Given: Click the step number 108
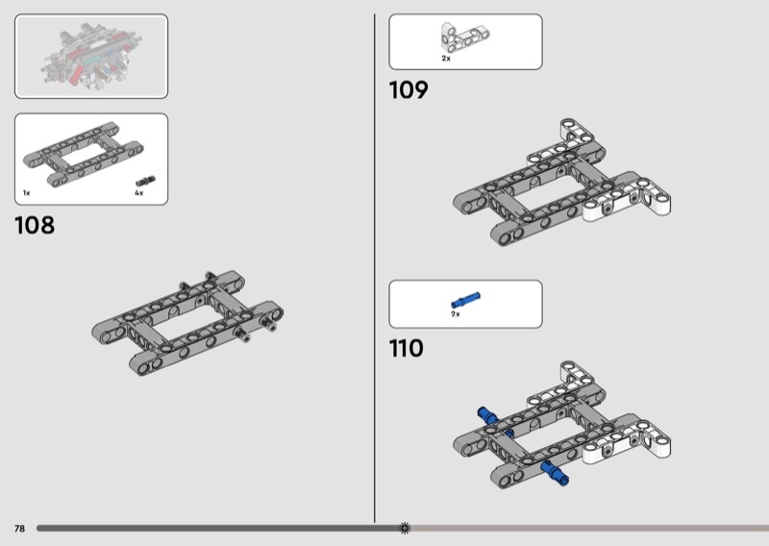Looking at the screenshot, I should pyautogui.click(x=35, y=226).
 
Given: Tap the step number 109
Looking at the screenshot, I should pyautogui.click(x=408, y=90).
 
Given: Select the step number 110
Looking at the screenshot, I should pyautogui.click(x=407, y=348).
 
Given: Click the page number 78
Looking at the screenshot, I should pyautogui.click(x=19, y=529).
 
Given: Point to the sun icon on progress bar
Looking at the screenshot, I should pyautogui.click(x=405, y=528).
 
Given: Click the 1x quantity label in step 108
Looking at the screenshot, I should pyautogui.click(x=27, y=193).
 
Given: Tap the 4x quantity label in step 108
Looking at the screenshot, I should pyautogui.click(x=138, y=193).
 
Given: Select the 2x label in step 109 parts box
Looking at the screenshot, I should pyautogui.click(x=446, y=59).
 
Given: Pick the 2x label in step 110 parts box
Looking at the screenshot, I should pyautogui.click(x=456, y=314).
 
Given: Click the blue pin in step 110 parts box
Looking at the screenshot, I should pyautogui.click(x=465, y=301).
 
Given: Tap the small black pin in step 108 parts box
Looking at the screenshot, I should pyautogui.click(x=145, y=181).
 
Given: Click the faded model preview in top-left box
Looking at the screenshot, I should pyautogui.click(x=91, y=56).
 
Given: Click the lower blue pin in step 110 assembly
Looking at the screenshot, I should pyautogui.click(x=555, y=470).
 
